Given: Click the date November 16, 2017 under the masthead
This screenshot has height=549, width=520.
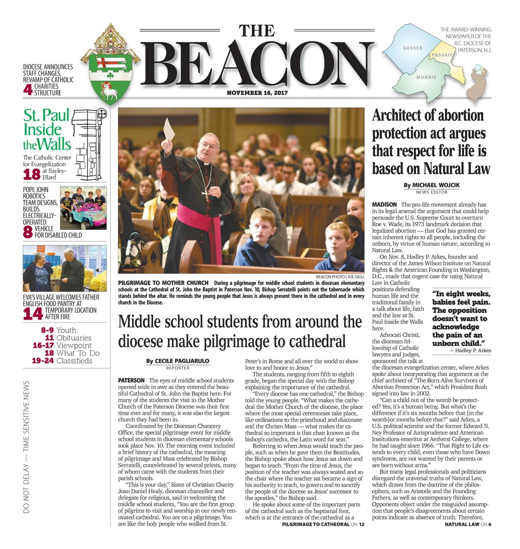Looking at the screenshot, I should click(x=257, y=93).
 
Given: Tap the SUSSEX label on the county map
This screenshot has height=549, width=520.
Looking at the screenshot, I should click(x=413, y=48).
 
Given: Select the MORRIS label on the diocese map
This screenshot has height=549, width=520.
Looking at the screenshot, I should click(x=426, y=77).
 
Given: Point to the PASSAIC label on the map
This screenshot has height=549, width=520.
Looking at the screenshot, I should click(x=442, y=55).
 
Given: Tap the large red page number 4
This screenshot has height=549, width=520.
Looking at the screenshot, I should click(x=28, y=89).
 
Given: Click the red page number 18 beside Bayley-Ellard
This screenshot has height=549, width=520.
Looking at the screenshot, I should click(x=32, y=174).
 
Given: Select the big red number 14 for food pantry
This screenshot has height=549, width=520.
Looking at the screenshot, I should click(x=33, y=314).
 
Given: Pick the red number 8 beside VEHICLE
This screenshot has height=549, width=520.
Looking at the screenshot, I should click(x=28, y=232).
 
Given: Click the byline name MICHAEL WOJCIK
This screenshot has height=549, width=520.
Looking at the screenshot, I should click(x=436, y=185).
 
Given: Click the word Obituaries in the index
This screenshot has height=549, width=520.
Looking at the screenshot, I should click(x=74, y=338).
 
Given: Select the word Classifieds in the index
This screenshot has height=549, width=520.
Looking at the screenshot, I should click(x=74, y=361).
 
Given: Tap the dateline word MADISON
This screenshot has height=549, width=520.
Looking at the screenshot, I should click(x=384, y=205).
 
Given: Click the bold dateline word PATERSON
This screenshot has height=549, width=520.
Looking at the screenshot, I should click(x=131, y=380).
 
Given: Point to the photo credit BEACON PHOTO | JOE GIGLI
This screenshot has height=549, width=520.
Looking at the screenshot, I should click(x=340, y=277).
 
